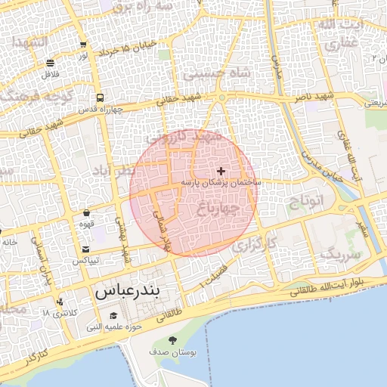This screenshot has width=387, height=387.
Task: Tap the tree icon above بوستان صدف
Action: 173,341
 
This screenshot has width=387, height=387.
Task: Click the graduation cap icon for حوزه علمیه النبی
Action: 113,315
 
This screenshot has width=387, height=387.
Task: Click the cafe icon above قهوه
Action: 87,213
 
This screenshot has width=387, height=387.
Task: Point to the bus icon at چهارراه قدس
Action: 100,98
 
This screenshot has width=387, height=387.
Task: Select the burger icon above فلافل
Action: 50,63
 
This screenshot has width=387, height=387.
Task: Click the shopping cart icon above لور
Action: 82,45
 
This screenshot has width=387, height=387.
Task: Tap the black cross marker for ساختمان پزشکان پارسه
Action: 221,172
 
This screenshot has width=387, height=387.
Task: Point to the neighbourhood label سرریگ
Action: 338,253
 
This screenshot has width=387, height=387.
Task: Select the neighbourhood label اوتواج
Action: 305,201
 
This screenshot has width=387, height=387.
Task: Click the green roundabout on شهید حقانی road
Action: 221,98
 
